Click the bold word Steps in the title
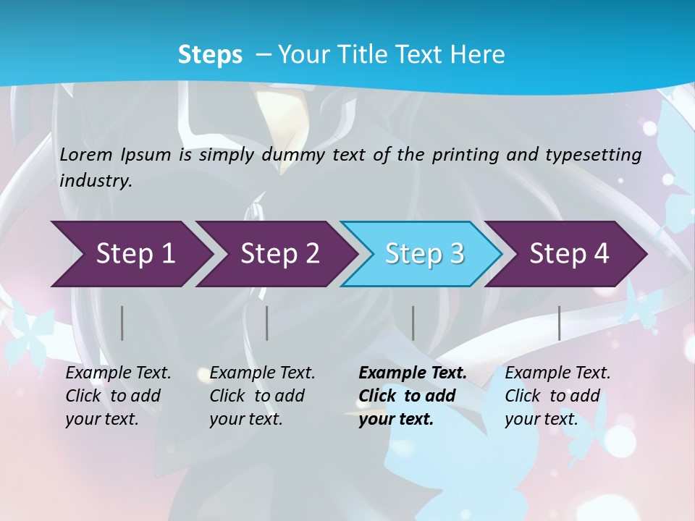point(210,54)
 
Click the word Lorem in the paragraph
point(85,154)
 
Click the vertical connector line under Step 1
point(122,323)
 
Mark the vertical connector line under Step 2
point(267,323)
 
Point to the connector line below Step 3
point(413,323)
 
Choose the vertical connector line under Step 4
point(559,323)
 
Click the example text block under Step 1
point(118,396)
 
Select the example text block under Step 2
point(262,396)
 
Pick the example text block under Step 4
point(557,396)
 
